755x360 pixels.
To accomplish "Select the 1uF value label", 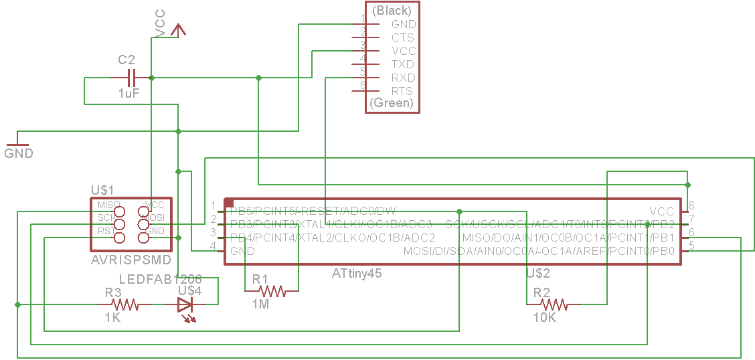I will click(x=129, y=94).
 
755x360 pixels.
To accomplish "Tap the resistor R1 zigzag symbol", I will click(x=272, y=291).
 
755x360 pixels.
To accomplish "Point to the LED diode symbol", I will click(x=186, y=305).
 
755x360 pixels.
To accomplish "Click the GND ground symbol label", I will click(x=19, y=153).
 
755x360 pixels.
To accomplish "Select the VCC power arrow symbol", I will click(x=178, y=30).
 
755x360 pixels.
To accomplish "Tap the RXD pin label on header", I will click(x=403, y=78).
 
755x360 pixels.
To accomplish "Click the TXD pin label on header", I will click(x=403, y=64).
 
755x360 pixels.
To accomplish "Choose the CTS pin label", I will click(x=403, y=37).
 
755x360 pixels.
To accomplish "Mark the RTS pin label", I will click(x=403, y=91).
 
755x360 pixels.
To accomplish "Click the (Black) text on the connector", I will click(x=392, y=10).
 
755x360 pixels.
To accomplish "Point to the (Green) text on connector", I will click(x=392, y=104).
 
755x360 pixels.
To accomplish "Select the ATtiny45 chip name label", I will click(x=357, y=273).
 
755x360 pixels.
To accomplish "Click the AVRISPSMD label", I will click(x=131, y=260).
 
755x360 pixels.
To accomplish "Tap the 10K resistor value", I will click(x=544, y=318).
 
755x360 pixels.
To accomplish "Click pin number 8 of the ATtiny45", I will click(x=691, y=205).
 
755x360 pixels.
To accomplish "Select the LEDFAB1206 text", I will click(x=160, y=278).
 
